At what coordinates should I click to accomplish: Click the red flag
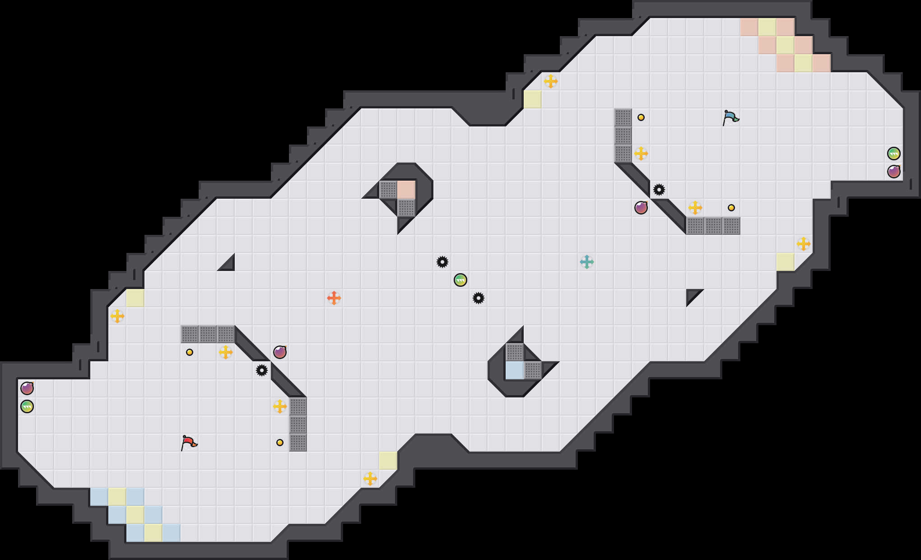pos(189,443)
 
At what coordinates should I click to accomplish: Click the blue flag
pos(730,117)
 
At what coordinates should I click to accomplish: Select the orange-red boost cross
pos(334,298)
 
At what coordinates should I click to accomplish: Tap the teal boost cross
pos(586,262)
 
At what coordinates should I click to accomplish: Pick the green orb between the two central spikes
pos(460,280)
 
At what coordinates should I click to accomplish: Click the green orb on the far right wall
pos(893,154)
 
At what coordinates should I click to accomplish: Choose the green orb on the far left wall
pos(27,406)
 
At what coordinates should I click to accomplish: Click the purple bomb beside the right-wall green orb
pos(893,172)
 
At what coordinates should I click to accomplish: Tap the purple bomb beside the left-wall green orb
pos(27,388)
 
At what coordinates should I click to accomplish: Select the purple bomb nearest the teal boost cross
pos(641,208)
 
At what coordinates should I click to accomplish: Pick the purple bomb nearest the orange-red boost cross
pos(280,352)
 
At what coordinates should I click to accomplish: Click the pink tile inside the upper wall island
pos(406,190)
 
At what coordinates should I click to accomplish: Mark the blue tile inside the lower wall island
pos(514,370)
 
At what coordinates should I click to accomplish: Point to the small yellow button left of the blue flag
pos(641,117)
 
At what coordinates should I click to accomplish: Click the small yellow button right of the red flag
pos(280,443)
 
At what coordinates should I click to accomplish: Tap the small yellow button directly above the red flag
pos(190,352)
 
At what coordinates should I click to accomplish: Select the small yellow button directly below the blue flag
pos(731,208)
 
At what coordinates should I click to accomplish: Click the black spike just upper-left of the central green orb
pos(442,262)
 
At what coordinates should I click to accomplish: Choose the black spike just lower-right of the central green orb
pos(478,298)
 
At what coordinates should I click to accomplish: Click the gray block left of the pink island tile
pos(388,190)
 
